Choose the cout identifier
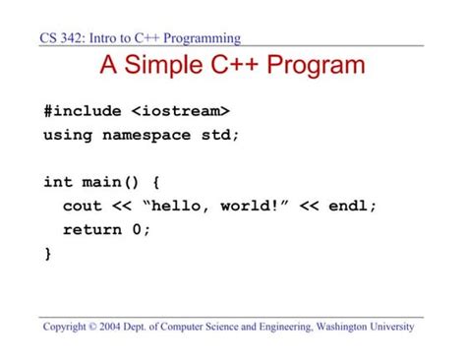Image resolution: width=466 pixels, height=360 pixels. click(x=82, y=206)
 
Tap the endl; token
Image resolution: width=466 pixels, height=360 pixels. click(x=353, y=206)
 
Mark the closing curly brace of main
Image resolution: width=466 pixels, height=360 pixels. click(x=47, y=254)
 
